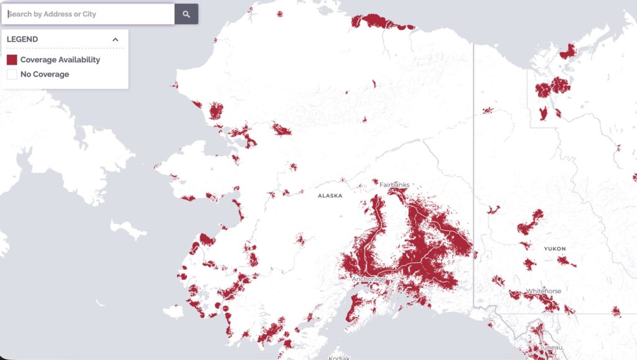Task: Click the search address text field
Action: click(87, 14)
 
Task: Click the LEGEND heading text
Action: click(22, 39)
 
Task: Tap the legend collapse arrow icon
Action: click(115, 39)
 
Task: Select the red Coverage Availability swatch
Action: click(12, 60)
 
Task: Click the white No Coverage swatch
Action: click(12, 74)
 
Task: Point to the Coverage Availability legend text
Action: click(60, 60)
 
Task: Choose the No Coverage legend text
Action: click(45, 74)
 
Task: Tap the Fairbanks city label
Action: click(393, 185)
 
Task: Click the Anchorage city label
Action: click(369, 279)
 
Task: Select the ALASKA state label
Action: click(330, 195)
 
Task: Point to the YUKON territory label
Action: click(554, 249)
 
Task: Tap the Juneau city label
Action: click(551, 348)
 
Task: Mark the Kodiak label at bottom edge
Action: click(340, 357)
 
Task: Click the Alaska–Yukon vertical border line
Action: click(474, 155)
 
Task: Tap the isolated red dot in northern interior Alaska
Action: click(374, 83)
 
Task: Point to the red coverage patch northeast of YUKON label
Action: click(566, 261)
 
